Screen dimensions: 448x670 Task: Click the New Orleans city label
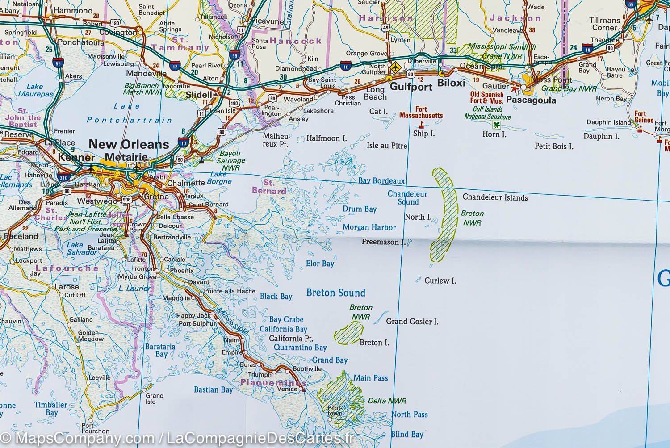pos(129,144)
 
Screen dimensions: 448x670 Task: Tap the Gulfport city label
pos(411,87)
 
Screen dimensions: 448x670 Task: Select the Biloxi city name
pos(451,84)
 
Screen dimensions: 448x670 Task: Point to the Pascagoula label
pos(531,100)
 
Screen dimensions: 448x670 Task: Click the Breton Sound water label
pos(335,293)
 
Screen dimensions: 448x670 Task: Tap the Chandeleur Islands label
pos(495,197)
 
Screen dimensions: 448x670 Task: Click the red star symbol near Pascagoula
pos(514,89)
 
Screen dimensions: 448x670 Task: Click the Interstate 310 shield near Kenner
pos(63,177)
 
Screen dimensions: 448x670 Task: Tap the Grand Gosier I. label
pos(412,322)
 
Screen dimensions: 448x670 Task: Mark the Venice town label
pos(287,389)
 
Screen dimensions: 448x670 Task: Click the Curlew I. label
pos(440,281)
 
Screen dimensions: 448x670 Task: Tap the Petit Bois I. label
pos(554,146)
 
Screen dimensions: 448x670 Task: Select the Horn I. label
pos(494,134)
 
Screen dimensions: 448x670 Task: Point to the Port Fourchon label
pos(95,428)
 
